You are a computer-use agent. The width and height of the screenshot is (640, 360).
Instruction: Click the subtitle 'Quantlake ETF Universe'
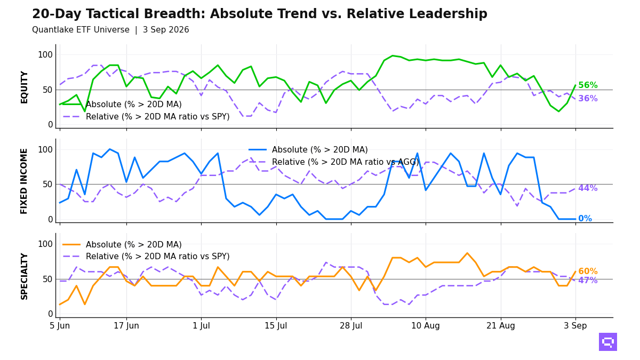81,30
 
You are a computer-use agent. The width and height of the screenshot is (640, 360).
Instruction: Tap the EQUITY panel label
25,87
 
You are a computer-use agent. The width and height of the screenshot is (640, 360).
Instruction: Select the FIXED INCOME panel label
25,181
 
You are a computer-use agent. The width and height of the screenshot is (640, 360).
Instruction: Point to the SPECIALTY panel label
25,276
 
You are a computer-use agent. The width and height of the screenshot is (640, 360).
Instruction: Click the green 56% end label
588,85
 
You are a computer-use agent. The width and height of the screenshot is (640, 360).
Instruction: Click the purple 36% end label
588,99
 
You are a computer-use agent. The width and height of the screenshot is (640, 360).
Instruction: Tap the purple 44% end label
588,188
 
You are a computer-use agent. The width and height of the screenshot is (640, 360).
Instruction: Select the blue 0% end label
585,219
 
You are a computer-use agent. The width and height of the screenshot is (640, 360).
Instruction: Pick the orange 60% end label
588,271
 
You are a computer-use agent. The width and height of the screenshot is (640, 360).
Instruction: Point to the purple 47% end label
588,281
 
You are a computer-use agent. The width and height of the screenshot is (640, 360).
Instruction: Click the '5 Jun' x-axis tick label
60,326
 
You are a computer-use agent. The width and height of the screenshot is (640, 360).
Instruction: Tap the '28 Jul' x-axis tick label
351,326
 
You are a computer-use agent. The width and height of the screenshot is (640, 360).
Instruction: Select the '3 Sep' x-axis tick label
575,326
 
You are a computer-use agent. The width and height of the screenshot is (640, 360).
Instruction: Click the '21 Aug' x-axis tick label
501,326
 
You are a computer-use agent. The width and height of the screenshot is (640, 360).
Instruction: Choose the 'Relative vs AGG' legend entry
334,162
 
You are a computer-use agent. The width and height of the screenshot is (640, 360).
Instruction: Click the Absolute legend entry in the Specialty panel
122,245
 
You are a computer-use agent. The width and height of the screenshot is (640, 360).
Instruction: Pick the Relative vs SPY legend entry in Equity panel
146,117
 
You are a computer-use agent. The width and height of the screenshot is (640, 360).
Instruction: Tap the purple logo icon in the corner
607,342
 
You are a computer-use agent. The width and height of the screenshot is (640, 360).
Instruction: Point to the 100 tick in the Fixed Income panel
45,150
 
